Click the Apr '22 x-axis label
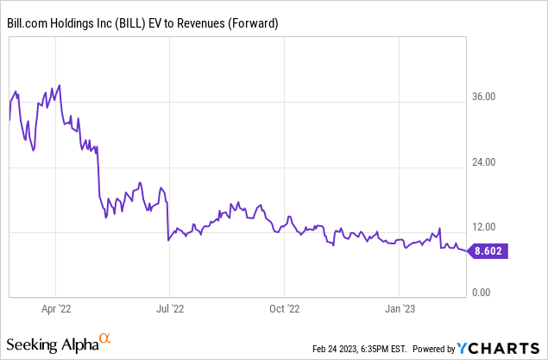point(56,306)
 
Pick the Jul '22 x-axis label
point(170,306)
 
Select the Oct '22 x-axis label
point(284,306)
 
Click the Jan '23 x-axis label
point(400,306)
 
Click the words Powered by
point(433,349)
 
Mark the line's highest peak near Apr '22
point(60,85)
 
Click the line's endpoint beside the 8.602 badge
point(466,251)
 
